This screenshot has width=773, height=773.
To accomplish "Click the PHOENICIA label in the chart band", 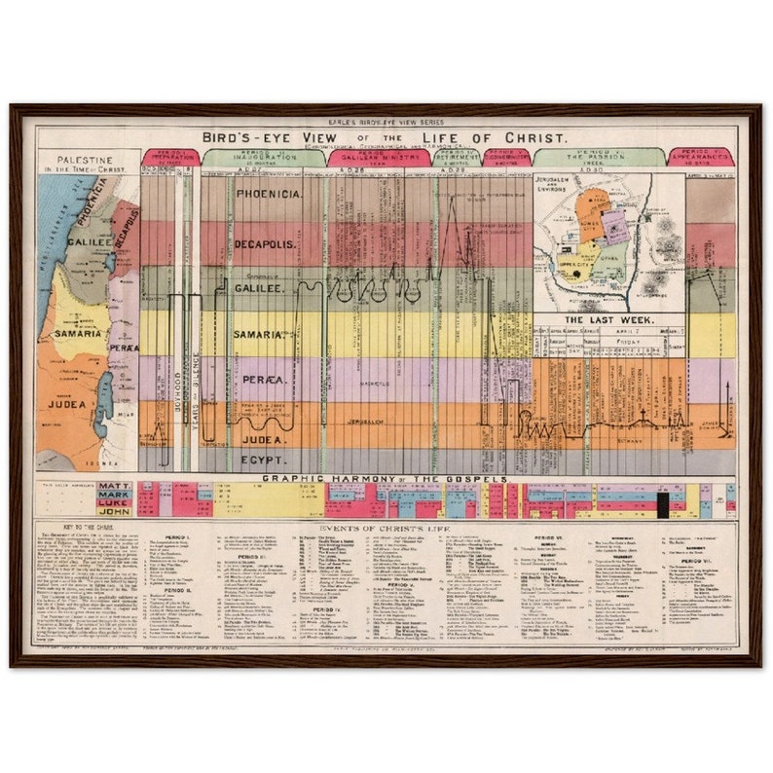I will [x=269, y=195].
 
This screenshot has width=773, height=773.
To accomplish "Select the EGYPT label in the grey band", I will [x=263, y=459].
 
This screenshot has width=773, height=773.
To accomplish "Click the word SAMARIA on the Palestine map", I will [x=78, y=333].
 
